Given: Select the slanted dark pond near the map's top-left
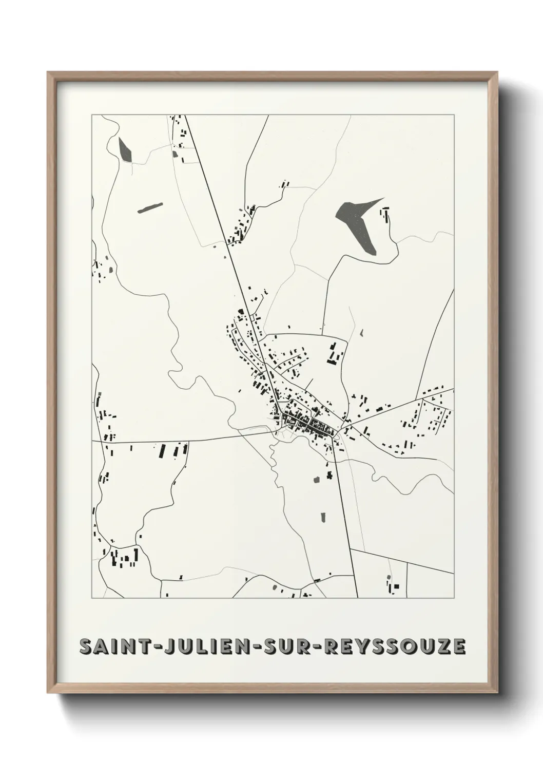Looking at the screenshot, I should (x=124, y=149).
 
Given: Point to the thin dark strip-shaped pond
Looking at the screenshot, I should (x=149, y=207).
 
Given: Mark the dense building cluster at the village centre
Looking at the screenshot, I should (x=311, y=423).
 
